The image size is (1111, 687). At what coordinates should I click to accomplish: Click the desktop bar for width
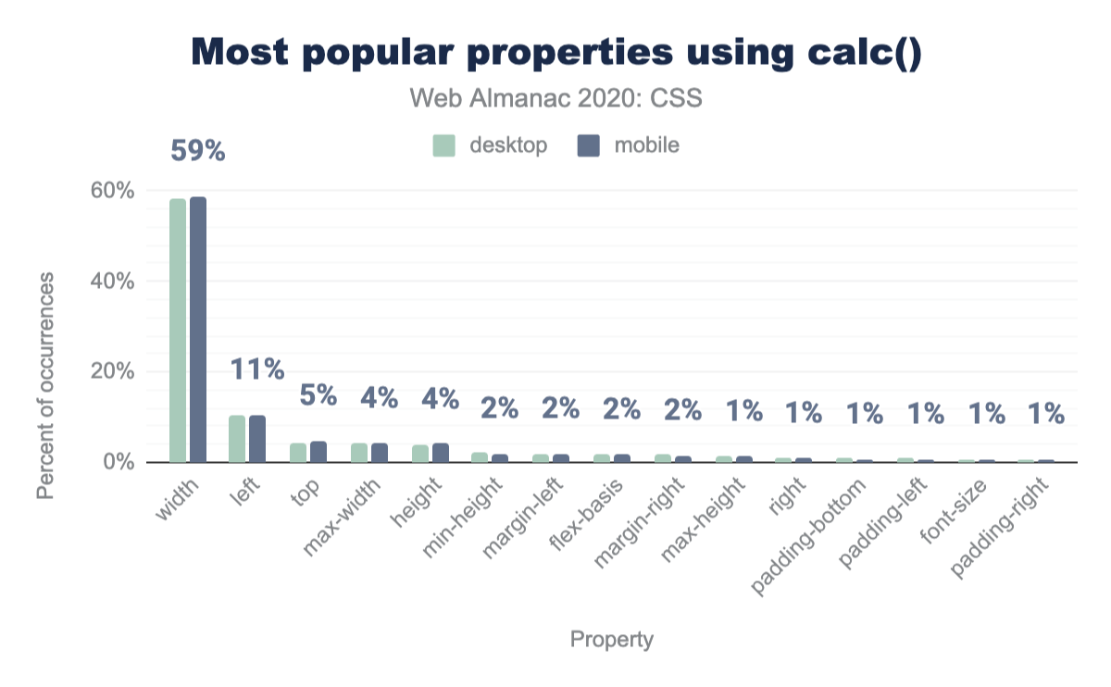tap(178, 331)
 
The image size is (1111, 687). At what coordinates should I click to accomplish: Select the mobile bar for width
tap(198, 330)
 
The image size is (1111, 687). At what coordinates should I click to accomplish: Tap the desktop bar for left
tap(237, 439)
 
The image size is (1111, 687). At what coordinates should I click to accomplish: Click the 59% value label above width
tap(198, 151)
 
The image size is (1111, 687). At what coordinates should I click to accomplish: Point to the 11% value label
tap(257, 369)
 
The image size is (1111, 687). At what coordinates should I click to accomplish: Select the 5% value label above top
tap(318, 396)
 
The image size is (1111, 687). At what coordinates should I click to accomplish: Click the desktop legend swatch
tap(444, 145)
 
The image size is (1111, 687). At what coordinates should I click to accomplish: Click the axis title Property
tap(611, 639)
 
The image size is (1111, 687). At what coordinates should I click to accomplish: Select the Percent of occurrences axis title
tap(45, 385)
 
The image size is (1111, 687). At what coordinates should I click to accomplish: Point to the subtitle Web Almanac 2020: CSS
tap(555, 98)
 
